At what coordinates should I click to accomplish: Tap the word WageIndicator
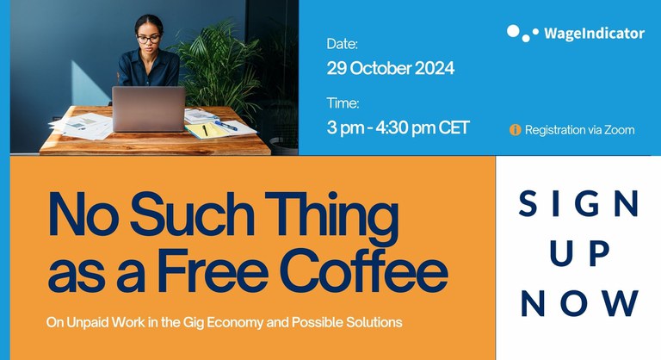click(594, 34)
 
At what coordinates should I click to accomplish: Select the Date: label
click(342, 43)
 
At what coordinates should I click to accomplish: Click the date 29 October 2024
click(390, 67)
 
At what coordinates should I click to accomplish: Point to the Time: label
click(343, 102)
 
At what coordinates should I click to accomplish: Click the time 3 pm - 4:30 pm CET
click(398, 127)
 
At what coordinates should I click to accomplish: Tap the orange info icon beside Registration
click(516, 130)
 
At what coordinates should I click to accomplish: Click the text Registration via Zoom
click(579, 130)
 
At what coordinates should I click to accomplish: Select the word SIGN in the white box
click(579, 203)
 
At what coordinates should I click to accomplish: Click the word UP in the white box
click(579, 253)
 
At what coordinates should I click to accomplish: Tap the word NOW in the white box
click(579, 303)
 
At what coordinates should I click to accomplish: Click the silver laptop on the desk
click(148, 109)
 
